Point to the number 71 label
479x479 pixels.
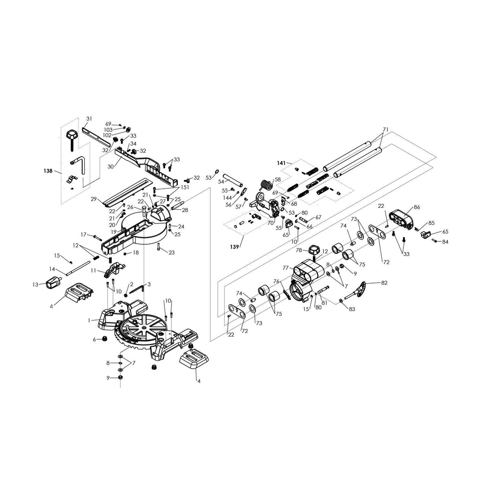[x=386, y=130]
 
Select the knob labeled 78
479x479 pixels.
[x=314, y=250]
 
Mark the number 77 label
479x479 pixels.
[x=285, y=268]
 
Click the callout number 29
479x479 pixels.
[x=94, y=199]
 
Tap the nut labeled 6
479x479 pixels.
[x=102, y=340]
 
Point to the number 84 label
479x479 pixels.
[x=445, y=241]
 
